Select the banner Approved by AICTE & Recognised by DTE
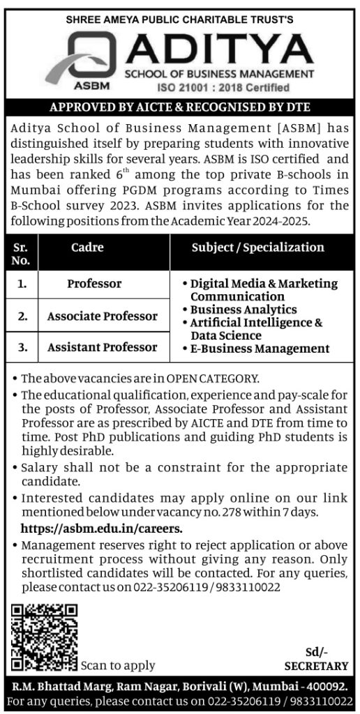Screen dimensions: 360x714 [180, 107]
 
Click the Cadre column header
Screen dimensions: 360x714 [87, 248]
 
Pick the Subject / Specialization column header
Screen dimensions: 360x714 [257, 248]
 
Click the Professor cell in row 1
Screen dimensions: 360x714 [94, 284]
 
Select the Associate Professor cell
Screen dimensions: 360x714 [102, 316]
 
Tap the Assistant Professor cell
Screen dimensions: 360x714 [102, 347]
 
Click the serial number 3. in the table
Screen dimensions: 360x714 [23, 347]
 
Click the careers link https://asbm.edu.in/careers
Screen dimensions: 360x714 [102, 529]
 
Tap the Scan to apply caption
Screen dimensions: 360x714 [118, 665]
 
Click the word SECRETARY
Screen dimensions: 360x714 [316, 666]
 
